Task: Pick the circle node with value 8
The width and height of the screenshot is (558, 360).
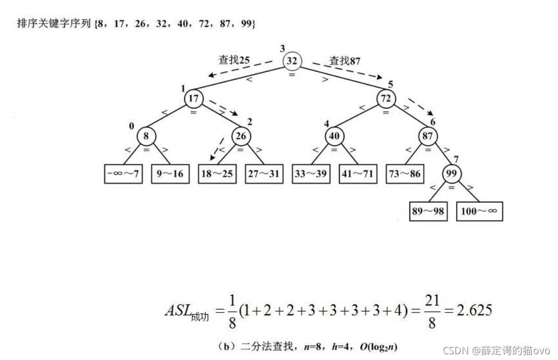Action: point(146,137)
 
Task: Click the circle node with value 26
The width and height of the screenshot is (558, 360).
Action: point(241,137)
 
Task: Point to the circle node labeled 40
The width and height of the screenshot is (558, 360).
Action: point(334,137)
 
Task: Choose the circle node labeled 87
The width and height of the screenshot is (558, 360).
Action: point(428,137)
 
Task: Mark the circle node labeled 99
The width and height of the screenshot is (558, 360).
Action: point(452,173)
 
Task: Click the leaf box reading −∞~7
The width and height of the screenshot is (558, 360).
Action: point(123,174)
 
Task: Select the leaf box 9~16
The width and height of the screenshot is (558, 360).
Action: point(170,174)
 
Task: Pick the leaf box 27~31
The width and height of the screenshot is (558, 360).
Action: point(264,174)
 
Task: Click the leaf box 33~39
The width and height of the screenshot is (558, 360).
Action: point(311,174)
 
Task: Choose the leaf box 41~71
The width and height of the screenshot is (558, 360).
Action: point(358,174)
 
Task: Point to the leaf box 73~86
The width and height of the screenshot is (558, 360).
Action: point(405,174)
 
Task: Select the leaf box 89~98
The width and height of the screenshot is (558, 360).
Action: point(428,211)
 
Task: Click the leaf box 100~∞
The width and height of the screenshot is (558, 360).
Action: point(480,211)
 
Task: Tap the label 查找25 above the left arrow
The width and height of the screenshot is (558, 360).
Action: point(234,60)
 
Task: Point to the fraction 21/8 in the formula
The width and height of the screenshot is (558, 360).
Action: point(432,311)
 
